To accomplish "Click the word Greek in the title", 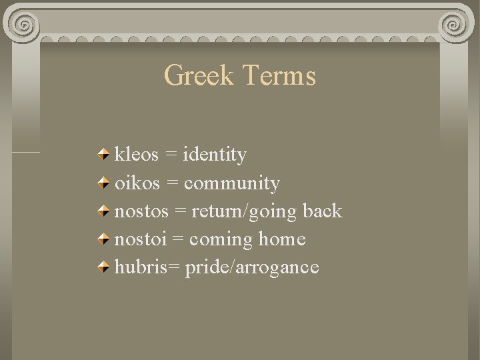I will pyautogui.click(x=199, y=76).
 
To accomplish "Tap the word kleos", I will pyautogui.click(x=137, y=155).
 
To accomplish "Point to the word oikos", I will pyautogui.click(x=136, y=183).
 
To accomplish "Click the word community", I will pyautogui.click(x=232, y=183).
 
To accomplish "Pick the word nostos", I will pyautogui.click(x=141, y=211).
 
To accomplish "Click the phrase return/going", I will pyautogui.click(x=245, y=212).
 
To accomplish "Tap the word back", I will pyautogui.click(x=322, y=211).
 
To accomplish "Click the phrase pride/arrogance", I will pyautogui.click(x=252, y=268).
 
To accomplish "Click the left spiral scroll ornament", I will pyautogui.click(x=24, y=25).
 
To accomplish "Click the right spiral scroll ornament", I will pyautogui.click(x=456, y=25).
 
